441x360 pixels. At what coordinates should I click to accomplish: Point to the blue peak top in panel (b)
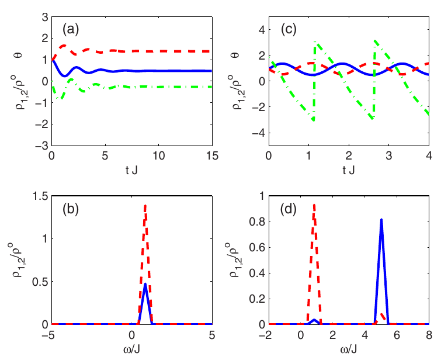pyautogui.click(x=145, y=285)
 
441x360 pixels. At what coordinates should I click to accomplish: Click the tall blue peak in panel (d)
pyautogui.click(x=381, y=220)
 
